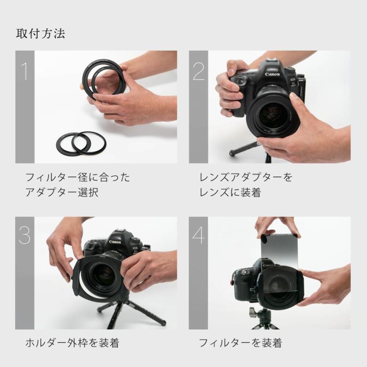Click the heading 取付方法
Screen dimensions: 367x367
tap(40, 33)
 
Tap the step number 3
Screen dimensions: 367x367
tap(25, 236)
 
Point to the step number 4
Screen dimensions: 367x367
tap(199, 236)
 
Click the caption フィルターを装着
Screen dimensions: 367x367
tap(240, 343)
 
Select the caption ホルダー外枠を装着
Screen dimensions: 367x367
tap(72, 343)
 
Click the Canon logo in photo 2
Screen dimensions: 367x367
tap(272, 75)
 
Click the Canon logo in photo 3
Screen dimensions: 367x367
tap(115, 242)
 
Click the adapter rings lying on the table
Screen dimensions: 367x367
tap(81, 142)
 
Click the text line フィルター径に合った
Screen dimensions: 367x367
tap(77, 178)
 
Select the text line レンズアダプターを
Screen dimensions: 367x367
tap(246, 178)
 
